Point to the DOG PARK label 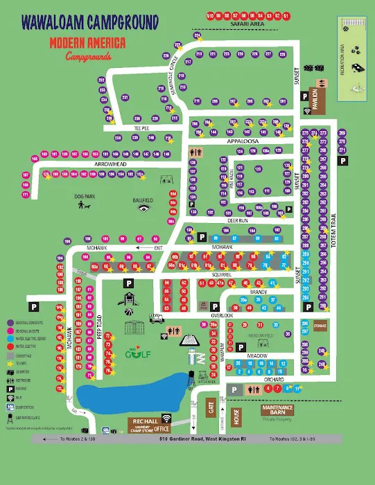point(84,197)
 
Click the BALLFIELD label point(143,200)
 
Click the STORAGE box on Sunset point(319,326)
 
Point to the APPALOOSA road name point(242,141)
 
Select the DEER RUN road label point(238,220)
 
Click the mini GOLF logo point(133,354)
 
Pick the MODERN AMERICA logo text point(87,43)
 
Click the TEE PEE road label point(142,128)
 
